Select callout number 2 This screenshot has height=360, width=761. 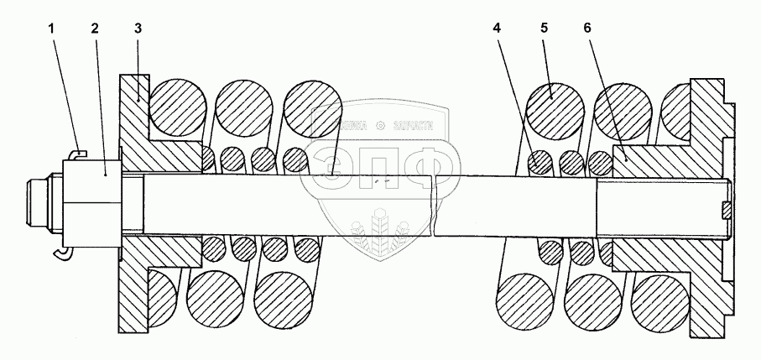(x=95, y=29)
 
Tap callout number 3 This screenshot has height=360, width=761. (x=138, y=29)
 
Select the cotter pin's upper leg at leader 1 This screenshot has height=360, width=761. (x=76, y=153)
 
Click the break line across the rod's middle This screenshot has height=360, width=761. (x=433, y=206)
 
